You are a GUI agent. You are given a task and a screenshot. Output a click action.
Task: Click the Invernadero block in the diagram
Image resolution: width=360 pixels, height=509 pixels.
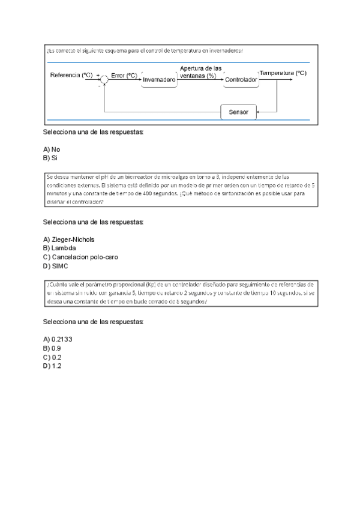[159, 80]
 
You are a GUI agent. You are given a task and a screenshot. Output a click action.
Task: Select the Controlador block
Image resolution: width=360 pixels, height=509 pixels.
[241, 80]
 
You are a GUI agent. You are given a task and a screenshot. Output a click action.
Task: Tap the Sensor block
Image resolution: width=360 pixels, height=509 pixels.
[238, 112]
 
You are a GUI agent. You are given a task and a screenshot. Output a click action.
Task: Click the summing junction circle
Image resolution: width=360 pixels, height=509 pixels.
[104, 79]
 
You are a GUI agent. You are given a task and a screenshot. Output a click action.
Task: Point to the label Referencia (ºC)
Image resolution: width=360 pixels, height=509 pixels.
[71, 75]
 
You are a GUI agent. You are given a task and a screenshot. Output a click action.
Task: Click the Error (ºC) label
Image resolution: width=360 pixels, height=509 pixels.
[124, 76]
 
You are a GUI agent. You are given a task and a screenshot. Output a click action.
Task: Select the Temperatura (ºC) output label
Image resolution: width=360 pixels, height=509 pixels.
[283, 73]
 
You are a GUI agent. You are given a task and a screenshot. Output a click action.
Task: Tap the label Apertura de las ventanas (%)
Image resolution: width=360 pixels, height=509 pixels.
[200, 72]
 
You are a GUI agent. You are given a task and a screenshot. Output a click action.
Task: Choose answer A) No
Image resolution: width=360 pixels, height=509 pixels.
[52, 149]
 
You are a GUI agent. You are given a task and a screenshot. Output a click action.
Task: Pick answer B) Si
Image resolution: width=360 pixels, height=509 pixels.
[50, 158]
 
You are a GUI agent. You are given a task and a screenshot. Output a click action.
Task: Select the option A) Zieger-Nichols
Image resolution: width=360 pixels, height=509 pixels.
[68, 239]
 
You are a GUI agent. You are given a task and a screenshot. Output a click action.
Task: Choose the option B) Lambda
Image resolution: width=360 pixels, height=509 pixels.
[59, 248]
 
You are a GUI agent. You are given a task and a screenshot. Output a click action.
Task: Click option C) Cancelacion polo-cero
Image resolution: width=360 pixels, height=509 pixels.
[80, 257]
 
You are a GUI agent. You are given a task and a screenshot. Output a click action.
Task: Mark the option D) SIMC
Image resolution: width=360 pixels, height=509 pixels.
[56, 266]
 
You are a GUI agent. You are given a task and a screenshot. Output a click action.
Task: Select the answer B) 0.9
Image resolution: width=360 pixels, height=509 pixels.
[52, 348]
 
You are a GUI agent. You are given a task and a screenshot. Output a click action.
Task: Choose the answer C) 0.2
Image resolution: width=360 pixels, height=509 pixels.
[52, 357]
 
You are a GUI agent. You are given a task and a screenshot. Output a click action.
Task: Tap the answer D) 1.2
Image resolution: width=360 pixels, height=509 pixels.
[52, 366]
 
